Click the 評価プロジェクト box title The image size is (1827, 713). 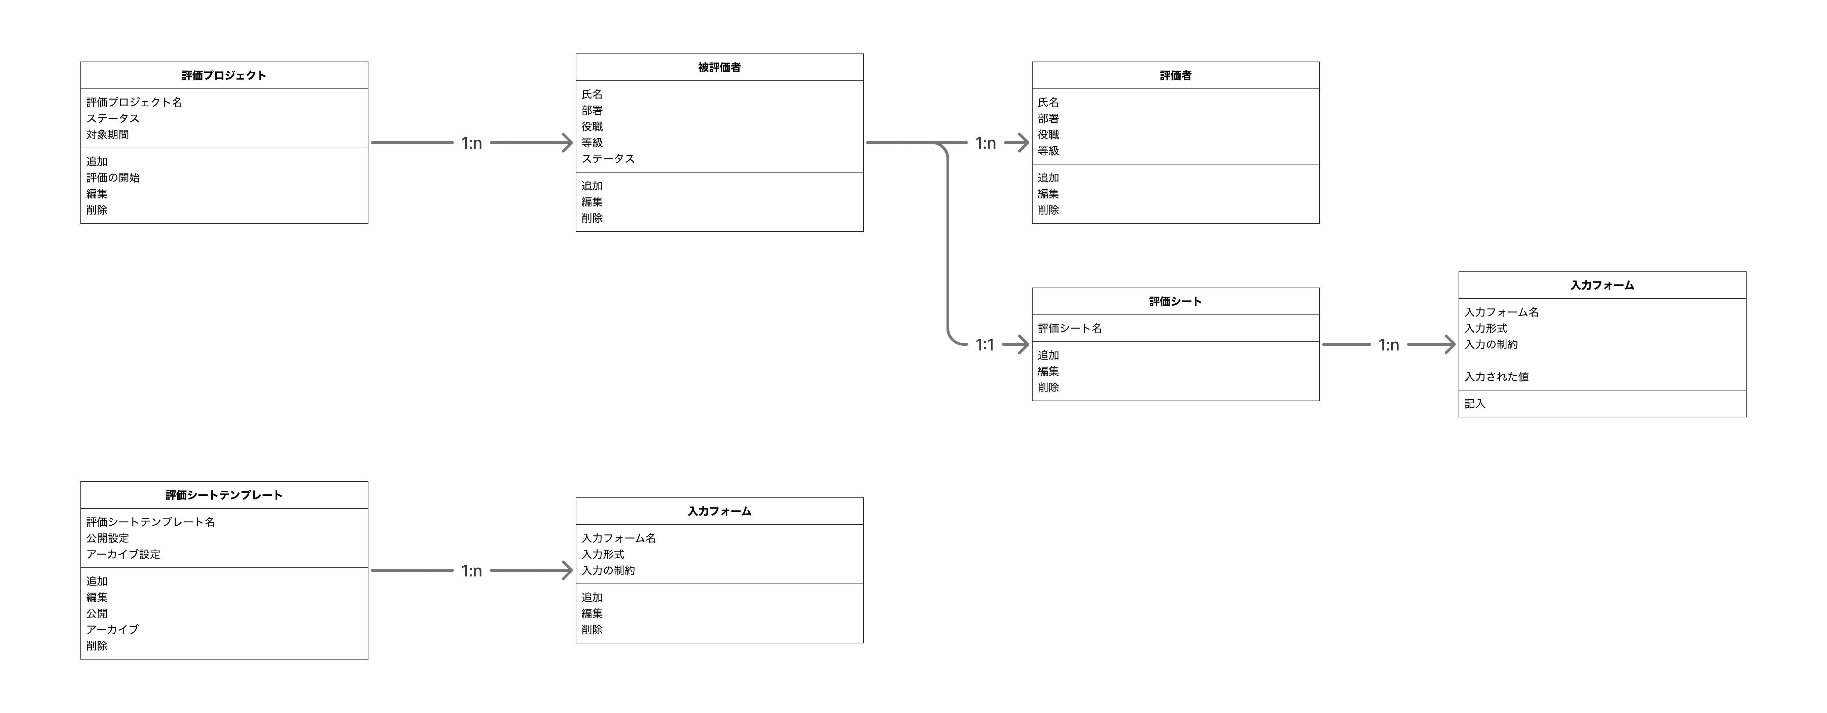224,75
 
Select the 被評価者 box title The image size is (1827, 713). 719,67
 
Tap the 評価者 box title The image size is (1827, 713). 1175,75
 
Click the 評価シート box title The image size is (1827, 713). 1175,301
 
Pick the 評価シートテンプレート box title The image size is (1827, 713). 224,495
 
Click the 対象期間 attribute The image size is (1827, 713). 108,135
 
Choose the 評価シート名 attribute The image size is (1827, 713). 1070,328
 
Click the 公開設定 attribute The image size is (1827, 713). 108,538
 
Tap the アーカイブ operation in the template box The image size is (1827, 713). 113,629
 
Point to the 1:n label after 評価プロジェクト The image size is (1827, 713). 472,143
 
